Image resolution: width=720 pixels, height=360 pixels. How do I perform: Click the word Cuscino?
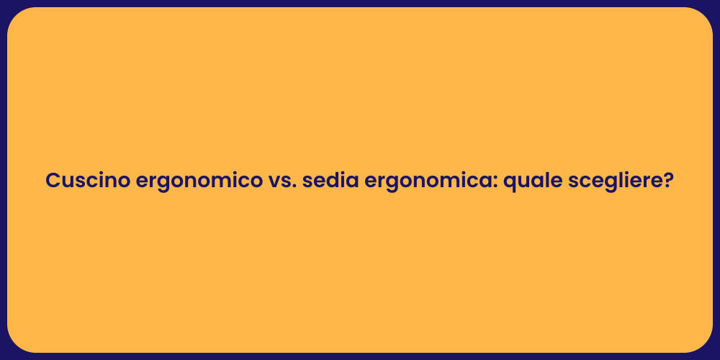tap(88, 181)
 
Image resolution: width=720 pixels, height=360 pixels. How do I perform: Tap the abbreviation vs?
tap(281, 181)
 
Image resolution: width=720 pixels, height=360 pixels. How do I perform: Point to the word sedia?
tap(330, 181)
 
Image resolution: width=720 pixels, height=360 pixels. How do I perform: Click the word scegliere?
tap(617, 181)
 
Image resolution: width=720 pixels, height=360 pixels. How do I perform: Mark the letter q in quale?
tap(509, 183)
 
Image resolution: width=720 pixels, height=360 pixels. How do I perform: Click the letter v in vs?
tap(274, 182)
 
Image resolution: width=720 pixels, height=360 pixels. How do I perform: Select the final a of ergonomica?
tap(485, 182)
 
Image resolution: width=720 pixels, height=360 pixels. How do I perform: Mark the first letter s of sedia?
tap(307, 182)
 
